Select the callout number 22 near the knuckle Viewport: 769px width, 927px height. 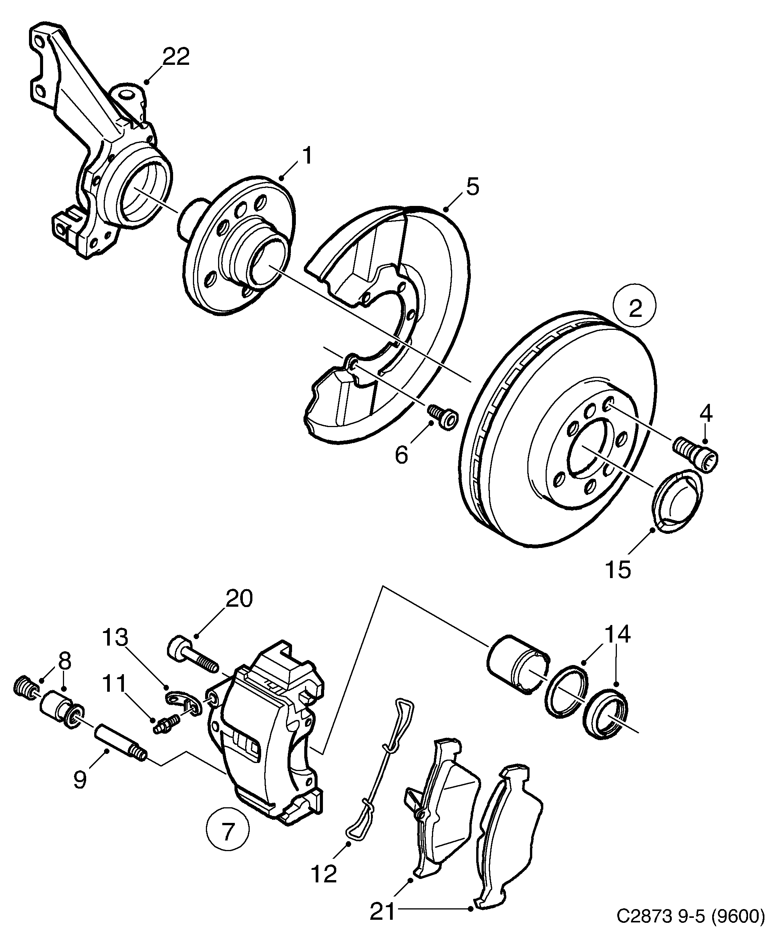coord(176,56)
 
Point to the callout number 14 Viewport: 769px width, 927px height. coord(617,634)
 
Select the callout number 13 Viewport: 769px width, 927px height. coord(115,638)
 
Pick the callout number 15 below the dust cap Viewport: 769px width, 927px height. coord(618,569)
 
